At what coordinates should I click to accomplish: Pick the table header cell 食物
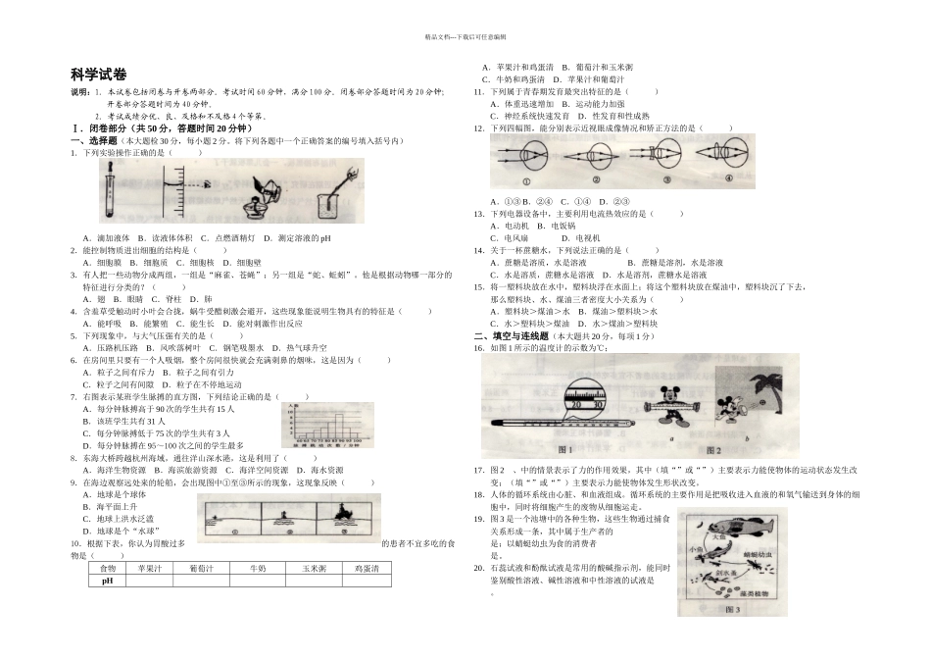coord(108,568)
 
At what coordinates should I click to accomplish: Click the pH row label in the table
coord(108,581)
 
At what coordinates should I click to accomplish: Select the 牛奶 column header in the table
coord(258,568)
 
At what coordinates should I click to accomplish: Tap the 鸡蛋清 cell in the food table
coord(367,568)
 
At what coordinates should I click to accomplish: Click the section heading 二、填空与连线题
coord(515,336)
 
